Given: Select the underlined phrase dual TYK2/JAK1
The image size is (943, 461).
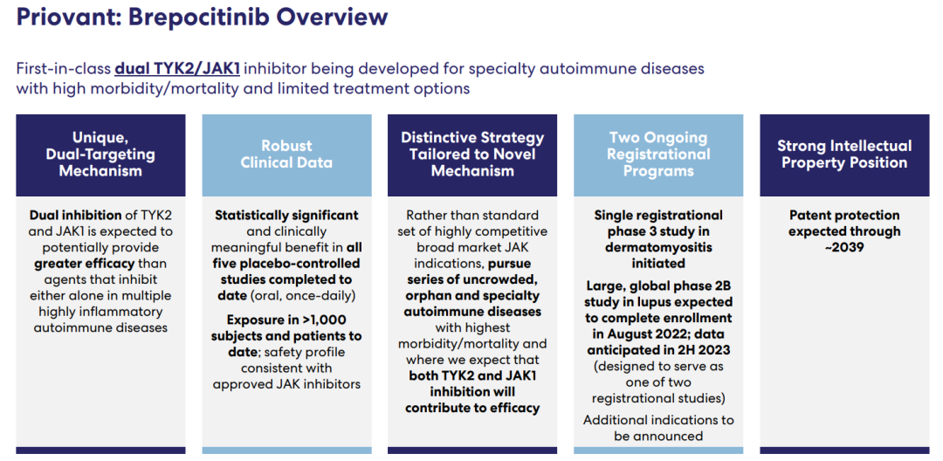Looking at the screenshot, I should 177,68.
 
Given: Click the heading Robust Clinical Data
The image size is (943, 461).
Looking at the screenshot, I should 286,155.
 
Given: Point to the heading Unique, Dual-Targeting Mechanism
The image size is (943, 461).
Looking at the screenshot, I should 100,155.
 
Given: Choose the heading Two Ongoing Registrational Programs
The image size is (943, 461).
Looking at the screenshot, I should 658,155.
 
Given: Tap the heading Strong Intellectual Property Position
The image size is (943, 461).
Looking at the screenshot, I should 843,155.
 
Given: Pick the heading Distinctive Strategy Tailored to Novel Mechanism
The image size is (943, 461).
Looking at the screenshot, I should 472,155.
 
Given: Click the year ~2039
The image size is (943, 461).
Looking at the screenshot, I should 843,247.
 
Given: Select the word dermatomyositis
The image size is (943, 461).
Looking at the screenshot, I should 658,247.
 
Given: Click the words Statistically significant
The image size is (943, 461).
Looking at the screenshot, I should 286,215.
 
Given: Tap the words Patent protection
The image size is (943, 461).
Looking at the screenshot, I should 843,215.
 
